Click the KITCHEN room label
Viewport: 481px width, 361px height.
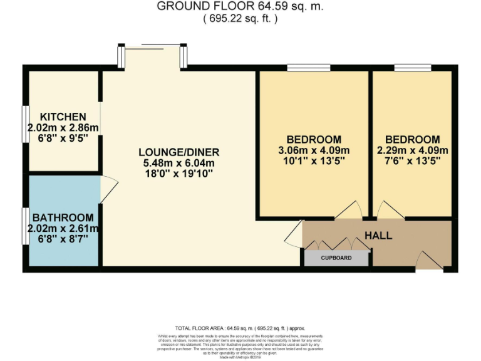pyautogui.click(x=63, y=117)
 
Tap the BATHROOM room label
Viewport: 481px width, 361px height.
pyautogui.click(x=63, y=217)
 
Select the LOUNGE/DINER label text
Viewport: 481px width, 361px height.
pyautogui.click(x=179, y=152)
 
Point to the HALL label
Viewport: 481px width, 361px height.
pyautogui.click(x=378, y=236)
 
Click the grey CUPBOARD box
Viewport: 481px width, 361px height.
pyautogui.click(x=336, y=258)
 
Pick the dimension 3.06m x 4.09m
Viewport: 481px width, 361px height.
pyautogui.click(x=314, y=150)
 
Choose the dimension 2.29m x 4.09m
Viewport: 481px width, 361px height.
pyautogui.click(x=413, y=150)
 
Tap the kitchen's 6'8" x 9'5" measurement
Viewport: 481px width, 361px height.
pyautogui.click(x=63, y=138)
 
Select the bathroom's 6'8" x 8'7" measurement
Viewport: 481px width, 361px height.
pyautogui.click(x=63, y=239)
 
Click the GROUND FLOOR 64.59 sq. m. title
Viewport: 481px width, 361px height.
pyautogui.click(x=240, y=6)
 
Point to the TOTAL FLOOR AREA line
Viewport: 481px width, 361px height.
pyautogui.click(x=240, y=328)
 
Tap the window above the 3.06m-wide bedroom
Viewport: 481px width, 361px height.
pyautogui.click(x=308, y=68)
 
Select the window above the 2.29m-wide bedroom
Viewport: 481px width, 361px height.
pyautogui.click(x=412, y=68)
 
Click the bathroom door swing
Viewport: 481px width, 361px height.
pyautogui.click(x=108, y=189)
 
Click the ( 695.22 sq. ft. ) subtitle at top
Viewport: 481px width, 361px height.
pyautogui.click(x=240, y=19)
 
